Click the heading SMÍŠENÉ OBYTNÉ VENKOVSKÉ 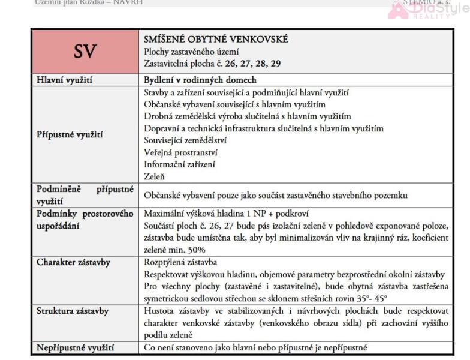click(x=216, y=40)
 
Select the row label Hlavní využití click(x=65, y=80)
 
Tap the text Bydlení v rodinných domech click(x=200, y=80)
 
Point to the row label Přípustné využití click(x=70, y=134)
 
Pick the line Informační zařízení click(x=180, y=164)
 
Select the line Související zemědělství click(x=186, y=140)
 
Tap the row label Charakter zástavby click(x=74, y=262)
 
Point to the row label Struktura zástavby click(x=73, y=310)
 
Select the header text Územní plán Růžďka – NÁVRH click(x=90, y=2)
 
